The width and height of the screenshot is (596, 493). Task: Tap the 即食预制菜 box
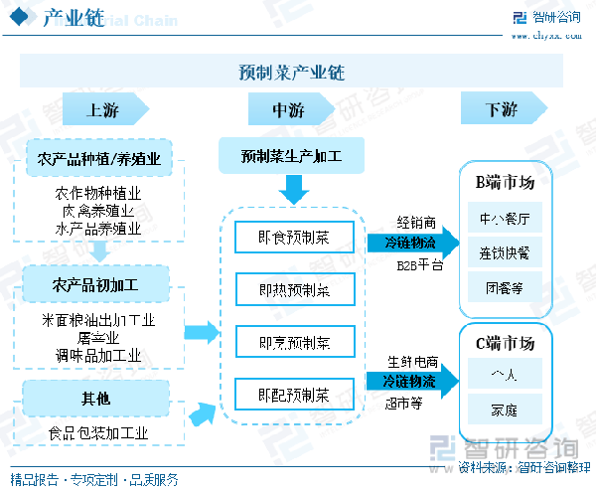293,237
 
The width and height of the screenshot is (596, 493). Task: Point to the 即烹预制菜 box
293,343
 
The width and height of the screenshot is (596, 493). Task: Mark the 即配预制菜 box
293,395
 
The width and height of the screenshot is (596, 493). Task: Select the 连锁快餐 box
505,252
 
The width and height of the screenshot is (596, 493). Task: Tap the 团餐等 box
505,287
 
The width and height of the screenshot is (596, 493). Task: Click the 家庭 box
505,408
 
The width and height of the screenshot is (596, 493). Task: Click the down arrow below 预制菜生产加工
293,188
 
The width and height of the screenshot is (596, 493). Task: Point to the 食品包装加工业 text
97,433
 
